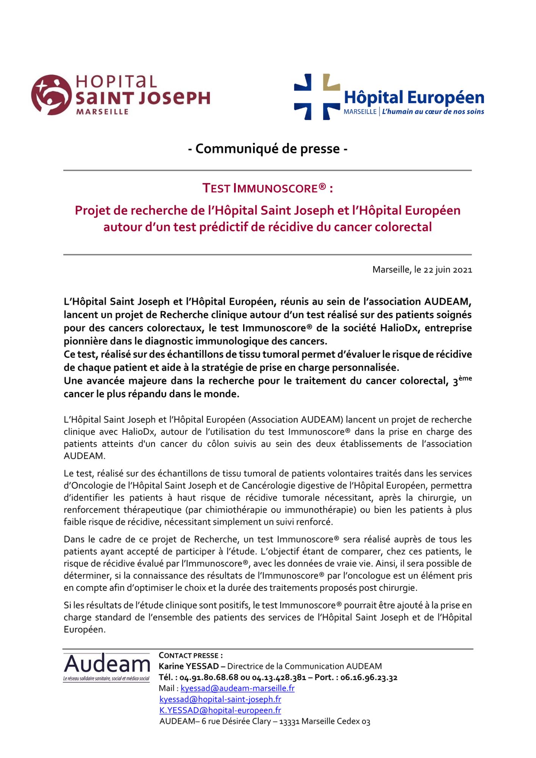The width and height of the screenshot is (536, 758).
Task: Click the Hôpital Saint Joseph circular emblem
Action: pos(51,95)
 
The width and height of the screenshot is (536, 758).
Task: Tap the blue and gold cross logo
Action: pos(317,97)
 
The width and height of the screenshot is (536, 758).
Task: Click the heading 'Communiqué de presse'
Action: pos(268,149)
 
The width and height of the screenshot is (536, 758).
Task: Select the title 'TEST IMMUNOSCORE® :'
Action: pos(268,188)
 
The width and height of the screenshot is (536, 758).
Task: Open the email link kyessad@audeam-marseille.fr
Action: pos(238,688)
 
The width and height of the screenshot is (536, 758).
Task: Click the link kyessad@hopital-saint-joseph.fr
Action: pos(220,699)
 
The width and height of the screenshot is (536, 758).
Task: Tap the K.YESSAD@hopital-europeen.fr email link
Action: pos(220,710)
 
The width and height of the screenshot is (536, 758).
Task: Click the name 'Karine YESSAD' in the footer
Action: pos(189,666)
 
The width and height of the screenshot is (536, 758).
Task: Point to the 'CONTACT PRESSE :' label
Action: pos(191,656)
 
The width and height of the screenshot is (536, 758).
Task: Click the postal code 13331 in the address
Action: pos(289,722)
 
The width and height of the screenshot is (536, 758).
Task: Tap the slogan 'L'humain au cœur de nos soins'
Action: pos(433,112)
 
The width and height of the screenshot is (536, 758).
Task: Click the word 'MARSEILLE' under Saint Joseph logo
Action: pos(102,112)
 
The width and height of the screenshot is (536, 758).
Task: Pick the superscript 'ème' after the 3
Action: pos(465,378)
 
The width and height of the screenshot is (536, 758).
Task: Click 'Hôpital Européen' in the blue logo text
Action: pos(414,98)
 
